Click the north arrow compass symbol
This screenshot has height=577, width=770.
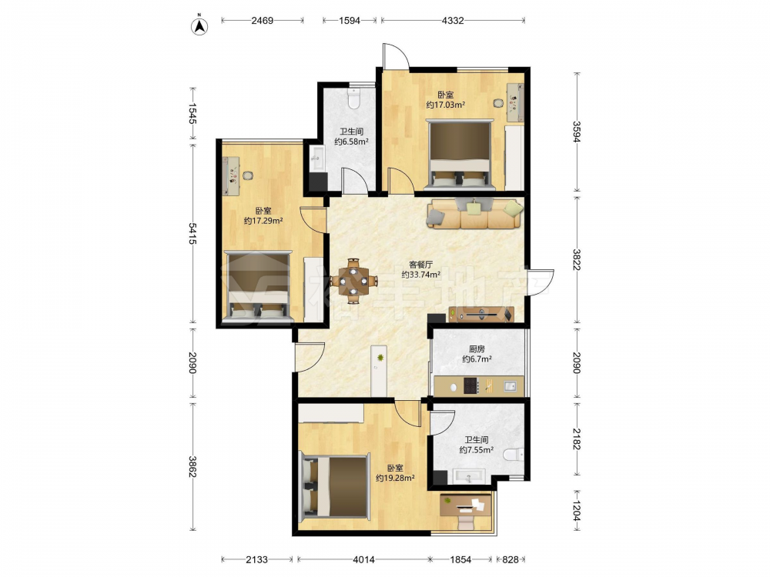point(199,25)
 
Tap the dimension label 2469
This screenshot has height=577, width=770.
point(263,21)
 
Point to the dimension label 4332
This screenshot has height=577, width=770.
point(452,21)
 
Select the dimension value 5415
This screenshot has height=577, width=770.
point(192,234)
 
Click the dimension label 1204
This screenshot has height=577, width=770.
point(577,510)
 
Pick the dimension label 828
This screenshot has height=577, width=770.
point(511,559)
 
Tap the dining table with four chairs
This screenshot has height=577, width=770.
point(353,281)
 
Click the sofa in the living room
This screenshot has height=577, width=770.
point(475,213)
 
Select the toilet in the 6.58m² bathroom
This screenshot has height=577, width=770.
point(353,98)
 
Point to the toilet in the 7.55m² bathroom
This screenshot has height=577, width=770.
point(514,455)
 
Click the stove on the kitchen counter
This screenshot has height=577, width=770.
point(471,385)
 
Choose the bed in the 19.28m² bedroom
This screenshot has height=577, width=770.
point(336,486)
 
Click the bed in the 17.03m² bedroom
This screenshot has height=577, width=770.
point(460,154)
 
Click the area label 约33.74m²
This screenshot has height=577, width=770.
point(421,275)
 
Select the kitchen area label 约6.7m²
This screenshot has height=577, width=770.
point(477,359)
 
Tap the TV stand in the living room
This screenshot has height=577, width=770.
point(481,314)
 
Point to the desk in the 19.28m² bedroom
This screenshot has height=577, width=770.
point(466,505)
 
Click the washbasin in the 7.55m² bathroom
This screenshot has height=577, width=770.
point(469,476)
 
